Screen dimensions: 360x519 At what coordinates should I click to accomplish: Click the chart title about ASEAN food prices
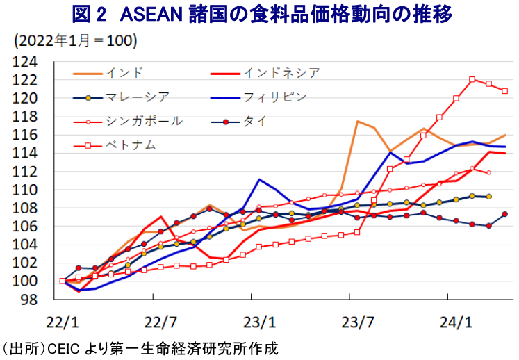coord(259,14)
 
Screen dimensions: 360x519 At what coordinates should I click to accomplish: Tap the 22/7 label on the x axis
coord(160,323)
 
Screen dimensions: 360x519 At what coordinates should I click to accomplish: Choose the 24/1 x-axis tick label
coord(455,323)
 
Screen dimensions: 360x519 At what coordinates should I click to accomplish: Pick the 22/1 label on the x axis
coord(63,323)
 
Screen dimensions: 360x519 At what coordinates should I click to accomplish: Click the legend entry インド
coord(125,72)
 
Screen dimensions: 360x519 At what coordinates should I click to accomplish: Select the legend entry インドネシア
coord(281,72)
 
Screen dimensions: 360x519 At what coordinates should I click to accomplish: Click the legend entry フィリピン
coord(274,97)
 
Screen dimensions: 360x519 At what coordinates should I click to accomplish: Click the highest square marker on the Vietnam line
coord(472,80)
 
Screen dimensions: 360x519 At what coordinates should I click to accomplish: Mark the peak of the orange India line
coord(358,122)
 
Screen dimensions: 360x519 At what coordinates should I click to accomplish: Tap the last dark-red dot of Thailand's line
coord(505,214)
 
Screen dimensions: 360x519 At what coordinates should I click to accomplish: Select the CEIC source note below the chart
coord(139,347)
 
